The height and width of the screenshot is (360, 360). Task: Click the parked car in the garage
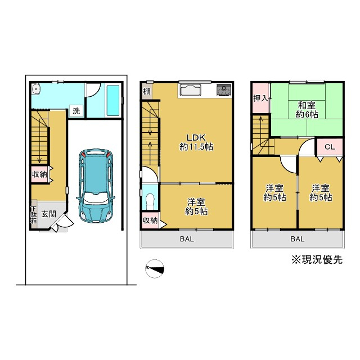tap(96, 186)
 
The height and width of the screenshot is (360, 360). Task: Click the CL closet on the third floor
tap(330, 147)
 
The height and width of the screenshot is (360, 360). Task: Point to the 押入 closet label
tap(261, 98)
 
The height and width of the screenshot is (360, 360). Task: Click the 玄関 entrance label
tap(49, 214)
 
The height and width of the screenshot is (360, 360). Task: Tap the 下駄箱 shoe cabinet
tap(34, 214)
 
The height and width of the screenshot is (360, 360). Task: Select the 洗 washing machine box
tap(76, 111)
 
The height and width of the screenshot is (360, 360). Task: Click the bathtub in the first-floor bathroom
tap(113, 100)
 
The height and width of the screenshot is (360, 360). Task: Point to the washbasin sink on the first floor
tap(35, 89)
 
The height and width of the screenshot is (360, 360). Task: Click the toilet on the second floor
tap(150, 201)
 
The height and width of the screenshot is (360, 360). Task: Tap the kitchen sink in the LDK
tap(190, 90)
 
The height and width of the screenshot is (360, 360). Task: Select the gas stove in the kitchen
tap(224, 90)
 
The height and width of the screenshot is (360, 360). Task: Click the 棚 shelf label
tap(146, 91)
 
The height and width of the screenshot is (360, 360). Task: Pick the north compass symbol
tap(155, 269)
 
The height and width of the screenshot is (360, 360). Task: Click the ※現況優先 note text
tap(317, 260)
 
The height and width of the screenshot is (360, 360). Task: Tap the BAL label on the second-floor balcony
tap(187, 239)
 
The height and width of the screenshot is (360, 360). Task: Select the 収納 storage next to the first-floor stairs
tap(39, 174)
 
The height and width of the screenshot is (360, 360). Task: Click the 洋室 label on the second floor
tap(196, 206)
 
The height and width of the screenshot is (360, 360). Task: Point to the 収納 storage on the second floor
tap(150, 220)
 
